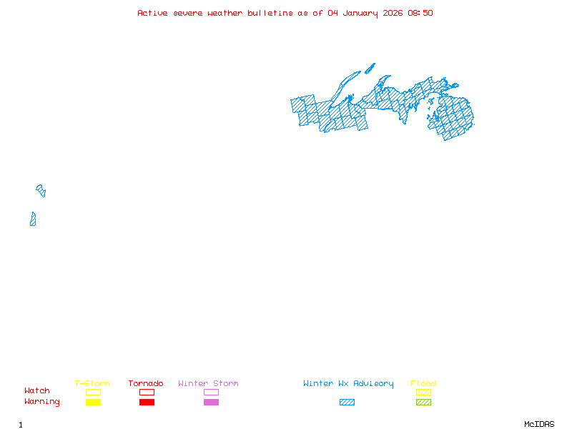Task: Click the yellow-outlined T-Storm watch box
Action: click(x=93, y=392)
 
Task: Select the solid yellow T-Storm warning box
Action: click(x=93, y=403)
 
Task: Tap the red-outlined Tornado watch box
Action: click(x=147, y=392)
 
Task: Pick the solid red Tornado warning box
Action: click(x=147, y=403)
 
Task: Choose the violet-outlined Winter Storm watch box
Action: click(x=211, y=392)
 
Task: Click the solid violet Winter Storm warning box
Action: click(x=211, y=403)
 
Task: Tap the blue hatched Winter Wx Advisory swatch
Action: click(x=347, y=403)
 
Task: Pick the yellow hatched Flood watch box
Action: click(x=423, y=392)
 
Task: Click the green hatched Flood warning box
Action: click(x=423, y=403)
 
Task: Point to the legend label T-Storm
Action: click(x=92, y=383)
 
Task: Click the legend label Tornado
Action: click(x=146, y=383)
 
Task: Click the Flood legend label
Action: click(x=423, y=383)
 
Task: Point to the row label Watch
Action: click(x=37, y=391)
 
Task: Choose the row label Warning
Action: click(x=42, y=402)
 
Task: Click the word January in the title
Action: click(x=358, y=13)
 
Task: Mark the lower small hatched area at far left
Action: click(x=33, y=219)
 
